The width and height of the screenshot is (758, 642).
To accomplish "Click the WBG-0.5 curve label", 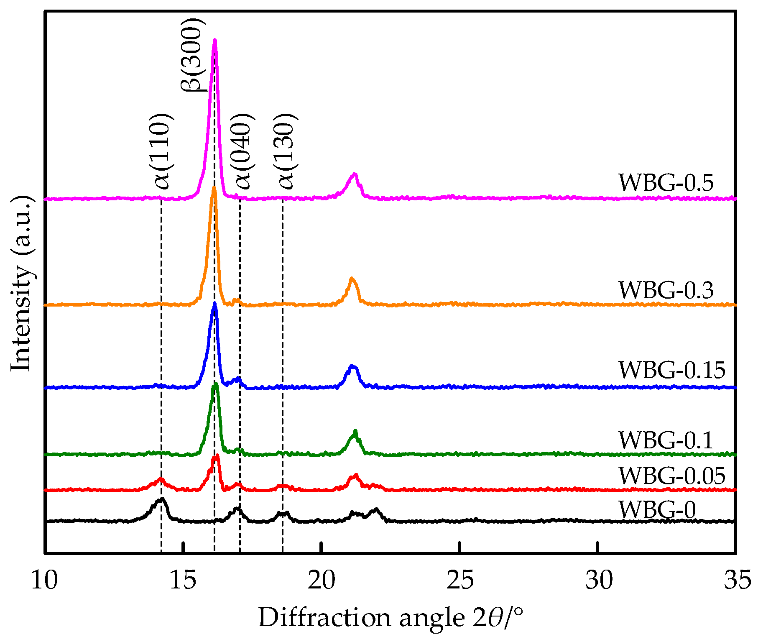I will (x=666, y=183).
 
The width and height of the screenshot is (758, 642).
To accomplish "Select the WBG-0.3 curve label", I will (x=666, y=290).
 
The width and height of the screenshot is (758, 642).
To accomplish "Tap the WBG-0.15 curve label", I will (x=671, y=370).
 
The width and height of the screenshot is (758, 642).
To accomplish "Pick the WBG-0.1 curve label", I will (x=666, y=440).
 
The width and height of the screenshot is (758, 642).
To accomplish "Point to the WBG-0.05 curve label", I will (x=671, y=476).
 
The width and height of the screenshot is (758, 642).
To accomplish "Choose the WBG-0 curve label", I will (x=657, y=509).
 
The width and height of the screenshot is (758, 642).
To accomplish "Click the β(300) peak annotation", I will (x=193, y=54).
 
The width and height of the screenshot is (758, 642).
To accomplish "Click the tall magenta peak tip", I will (x=215, y=40).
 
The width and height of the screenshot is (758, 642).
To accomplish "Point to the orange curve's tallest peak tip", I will (x=214, y=187).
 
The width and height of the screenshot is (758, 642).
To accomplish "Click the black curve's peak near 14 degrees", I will (x=161, y=499).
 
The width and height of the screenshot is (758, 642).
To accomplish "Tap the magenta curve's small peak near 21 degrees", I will (x=355, y=174).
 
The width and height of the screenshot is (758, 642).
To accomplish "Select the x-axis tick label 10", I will (x=44, y=581).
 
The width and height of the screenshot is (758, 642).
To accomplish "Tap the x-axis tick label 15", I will (x=183, y=581).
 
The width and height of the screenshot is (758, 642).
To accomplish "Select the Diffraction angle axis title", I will (x=390, y=618).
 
